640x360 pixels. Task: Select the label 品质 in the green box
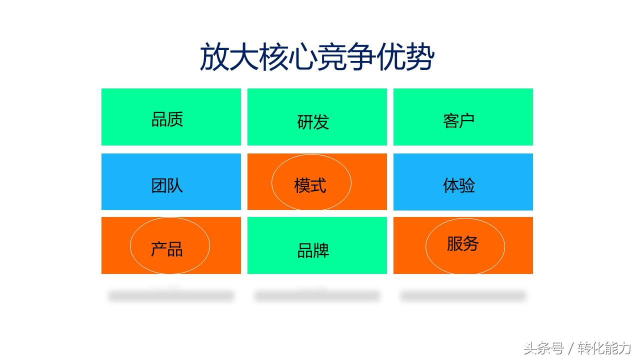click(167, 119)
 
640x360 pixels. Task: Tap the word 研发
click(313, 122)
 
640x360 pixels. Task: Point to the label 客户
click(458, 121)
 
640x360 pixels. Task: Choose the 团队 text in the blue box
click(167, 185)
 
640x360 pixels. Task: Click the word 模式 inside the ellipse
click(310, 185)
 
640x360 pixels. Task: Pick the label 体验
click(458, 185)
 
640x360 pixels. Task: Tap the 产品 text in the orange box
click(167, 249)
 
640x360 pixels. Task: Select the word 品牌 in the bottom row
click(313, 251)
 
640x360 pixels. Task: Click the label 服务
click(462, 244)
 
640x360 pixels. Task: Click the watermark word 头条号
click(543, 348)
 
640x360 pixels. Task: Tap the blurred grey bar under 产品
click(171, 296)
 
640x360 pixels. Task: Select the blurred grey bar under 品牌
click(317, 296)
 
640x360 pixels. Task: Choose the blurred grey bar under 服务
click(463, 296)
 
